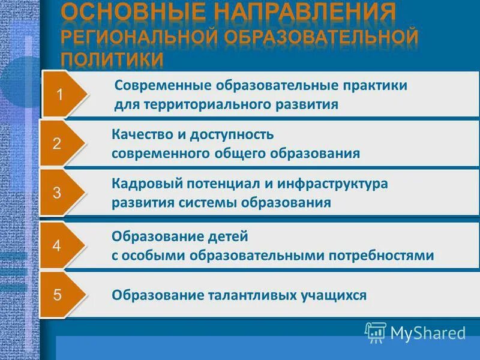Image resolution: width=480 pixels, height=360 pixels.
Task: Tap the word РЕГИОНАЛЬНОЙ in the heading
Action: (x=140, y=36)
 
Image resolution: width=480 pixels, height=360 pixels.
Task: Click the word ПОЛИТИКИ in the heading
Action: (x=113, y=59)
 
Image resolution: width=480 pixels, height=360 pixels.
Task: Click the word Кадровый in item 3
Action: (x=142, y=183)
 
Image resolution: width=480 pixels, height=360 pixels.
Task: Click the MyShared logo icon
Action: (x=376, y=332)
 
